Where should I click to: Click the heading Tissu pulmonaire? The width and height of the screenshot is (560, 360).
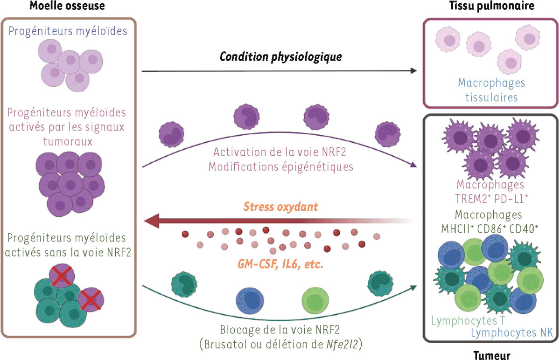pyautogui.click(x=491, y=6)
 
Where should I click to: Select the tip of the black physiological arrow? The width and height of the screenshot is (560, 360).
pyautogui.click(x=414, y=71)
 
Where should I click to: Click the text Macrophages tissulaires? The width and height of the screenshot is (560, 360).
pyautogui.click(x=491, y=90)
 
